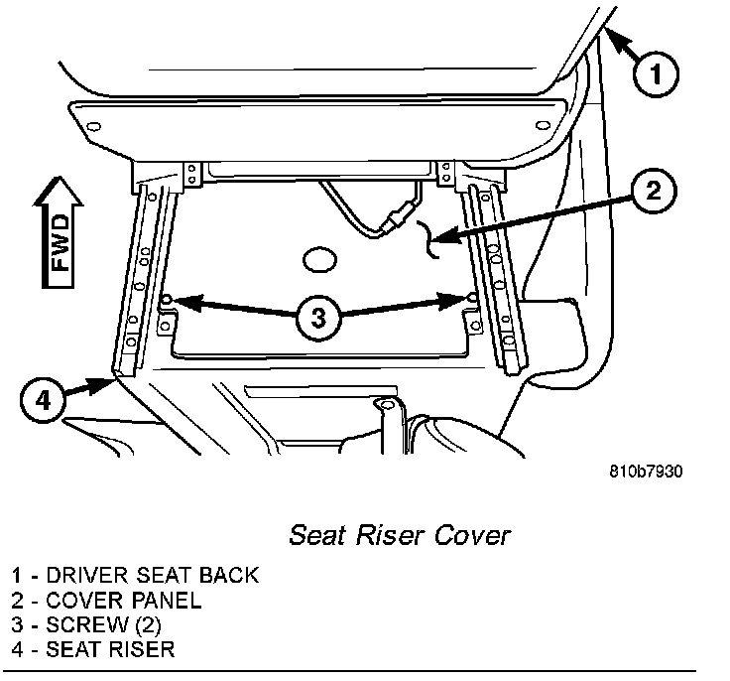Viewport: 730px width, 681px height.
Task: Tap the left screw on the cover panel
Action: pyautogui.click(x=168, y=299)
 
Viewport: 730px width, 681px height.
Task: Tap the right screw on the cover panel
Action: pyautogui.click(x=471, y=297)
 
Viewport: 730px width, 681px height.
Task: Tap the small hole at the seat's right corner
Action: pyautogui.click(x=542, y=125)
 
